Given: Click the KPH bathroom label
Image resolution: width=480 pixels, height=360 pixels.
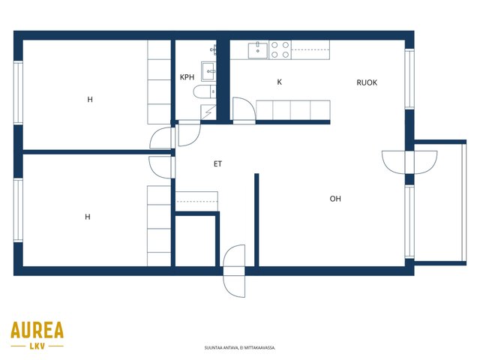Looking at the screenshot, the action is (x=187, y=77).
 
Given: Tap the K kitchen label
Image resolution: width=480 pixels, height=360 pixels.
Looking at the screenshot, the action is (x=279, y=82).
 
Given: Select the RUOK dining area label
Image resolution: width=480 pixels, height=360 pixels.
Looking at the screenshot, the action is (x=367, y=82).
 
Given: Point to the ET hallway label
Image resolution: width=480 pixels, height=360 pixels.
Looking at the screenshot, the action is (x=217, y=164).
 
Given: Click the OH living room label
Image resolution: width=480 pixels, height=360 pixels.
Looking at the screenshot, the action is (x=335, y=199).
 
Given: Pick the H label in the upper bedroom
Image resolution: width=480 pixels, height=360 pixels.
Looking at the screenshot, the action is (x=90, y=100).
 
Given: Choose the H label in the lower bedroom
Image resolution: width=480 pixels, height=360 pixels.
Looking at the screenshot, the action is (x=88, y=217).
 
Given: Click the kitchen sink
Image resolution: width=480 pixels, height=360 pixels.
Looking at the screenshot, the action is (x=258, y=50).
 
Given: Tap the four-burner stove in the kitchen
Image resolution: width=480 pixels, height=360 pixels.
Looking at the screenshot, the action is (x=280, y=50).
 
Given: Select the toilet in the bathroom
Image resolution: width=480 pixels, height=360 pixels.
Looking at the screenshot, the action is (x=205, y=91).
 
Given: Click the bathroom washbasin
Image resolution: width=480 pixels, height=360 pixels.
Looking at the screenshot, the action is (x=208, y=71).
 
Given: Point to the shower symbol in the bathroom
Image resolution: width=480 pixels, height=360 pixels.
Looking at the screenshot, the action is (x=208, y=112).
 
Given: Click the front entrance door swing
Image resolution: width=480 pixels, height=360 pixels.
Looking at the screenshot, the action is (x=234, y=271).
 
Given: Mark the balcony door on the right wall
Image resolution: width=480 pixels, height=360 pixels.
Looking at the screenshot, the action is (x=409, y=162).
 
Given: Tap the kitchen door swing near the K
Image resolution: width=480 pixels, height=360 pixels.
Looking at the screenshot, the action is (x=244, y=110).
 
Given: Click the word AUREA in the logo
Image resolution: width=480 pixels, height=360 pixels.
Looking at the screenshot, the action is (x=37, y=330).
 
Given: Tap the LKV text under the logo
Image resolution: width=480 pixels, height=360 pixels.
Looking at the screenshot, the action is (x=37, y=346).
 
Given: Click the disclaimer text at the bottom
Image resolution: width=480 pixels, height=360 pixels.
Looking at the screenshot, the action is (x=240, y=348).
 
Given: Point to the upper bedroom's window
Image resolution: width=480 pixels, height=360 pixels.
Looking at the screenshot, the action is (x=18, y=93).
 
